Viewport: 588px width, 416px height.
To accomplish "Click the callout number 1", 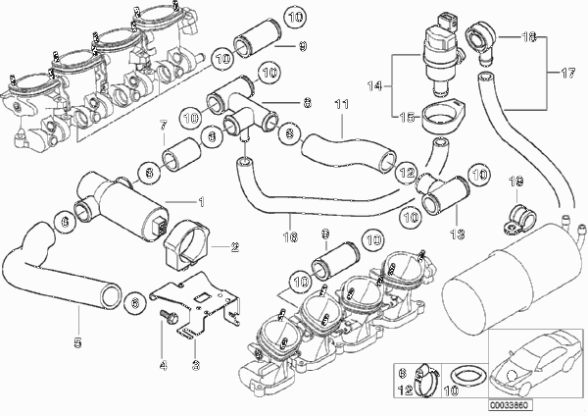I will pyautogui.click(x=201, y=202).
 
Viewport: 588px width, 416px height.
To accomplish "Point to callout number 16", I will pyautogui.click(x=287, y=236).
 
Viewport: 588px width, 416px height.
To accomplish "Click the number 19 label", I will pyautogui.click(x=518, y=182).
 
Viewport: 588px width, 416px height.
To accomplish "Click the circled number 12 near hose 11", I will pyautogui.click(x=405, y=172).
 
